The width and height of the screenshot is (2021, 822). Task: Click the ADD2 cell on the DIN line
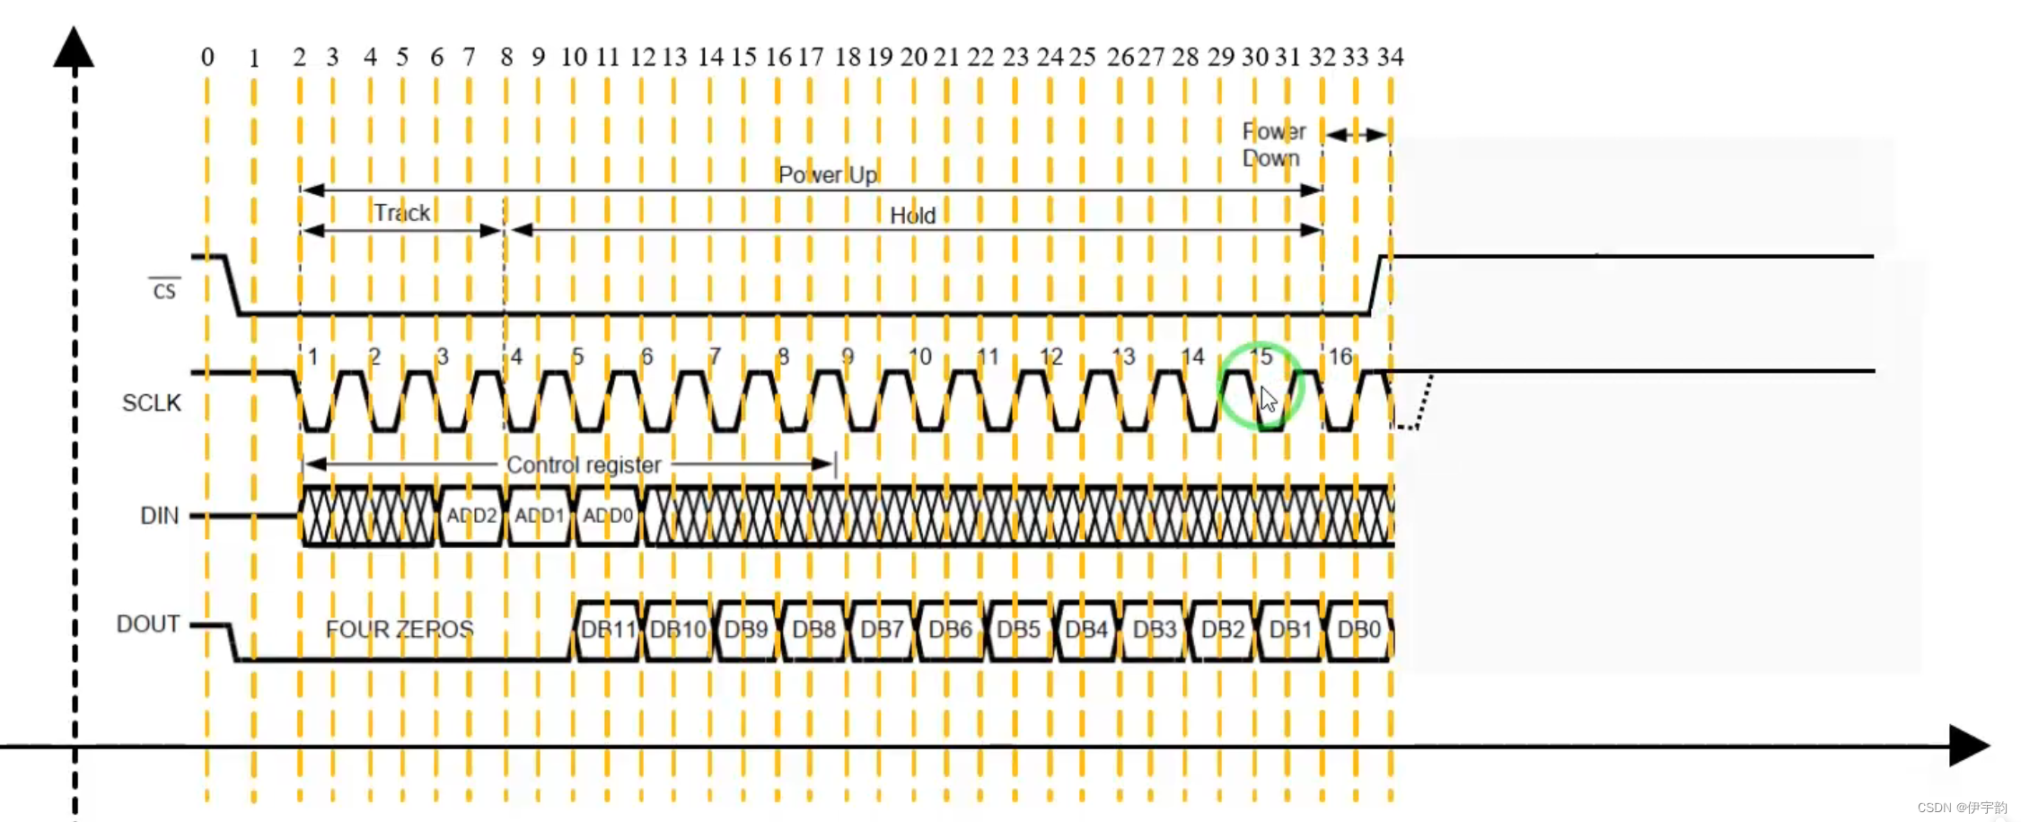click(471, 516)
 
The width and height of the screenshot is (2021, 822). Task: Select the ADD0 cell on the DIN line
click(608, 516)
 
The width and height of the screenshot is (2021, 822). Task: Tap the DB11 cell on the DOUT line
click(608, 630)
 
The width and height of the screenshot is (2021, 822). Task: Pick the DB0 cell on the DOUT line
click(1358, 630)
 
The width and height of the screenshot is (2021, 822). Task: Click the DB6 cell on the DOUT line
click(950, 630)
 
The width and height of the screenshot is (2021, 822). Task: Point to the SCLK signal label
click(151, 402)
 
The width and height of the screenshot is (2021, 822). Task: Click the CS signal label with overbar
click(164, 290)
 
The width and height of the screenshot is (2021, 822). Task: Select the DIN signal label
click(159, 516)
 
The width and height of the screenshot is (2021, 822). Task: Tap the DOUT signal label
click(148, 624)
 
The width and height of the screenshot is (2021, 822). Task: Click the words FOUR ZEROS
click(400, 630)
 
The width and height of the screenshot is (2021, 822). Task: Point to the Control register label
click(584, 464)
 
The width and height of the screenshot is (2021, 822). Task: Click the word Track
click(401, 213)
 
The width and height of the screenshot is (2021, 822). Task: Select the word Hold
click(912, 216)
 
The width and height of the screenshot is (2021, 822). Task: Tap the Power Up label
click(827, 174)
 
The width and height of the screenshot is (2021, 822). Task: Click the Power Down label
click(1272, 145)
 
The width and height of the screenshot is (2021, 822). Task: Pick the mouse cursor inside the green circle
click(1267, 398)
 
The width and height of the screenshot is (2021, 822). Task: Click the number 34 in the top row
click(1390, 57)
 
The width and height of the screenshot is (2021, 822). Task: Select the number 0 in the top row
click(207, 57)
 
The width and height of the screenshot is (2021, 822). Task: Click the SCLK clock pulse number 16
click(1340, 357)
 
